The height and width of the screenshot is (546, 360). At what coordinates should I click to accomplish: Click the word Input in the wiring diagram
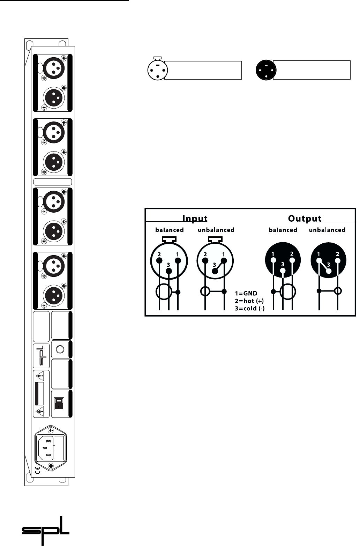195,219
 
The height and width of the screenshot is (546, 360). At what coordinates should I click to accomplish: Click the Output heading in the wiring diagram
305,219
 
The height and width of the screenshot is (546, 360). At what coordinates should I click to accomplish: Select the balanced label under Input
169,230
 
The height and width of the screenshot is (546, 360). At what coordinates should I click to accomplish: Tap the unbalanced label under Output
328,230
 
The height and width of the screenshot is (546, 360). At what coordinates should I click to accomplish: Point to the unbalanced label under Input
216,230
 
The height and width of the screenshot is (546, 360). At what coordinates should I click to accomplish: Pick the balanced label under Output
283,230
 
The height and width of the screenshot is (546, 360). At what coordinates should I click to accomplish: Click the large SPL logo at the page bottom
46,530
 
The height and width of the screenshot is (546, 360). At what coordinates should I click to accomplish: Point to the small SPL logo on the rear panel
42,356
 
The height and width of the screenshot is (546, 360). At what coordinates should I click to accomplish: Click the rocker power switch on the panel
59,404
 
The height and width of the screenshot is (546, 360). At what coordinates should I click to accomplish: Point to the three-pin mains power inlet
44,448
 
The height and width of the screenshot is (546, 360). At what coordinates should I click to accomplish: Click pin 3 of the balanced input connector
169,271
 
